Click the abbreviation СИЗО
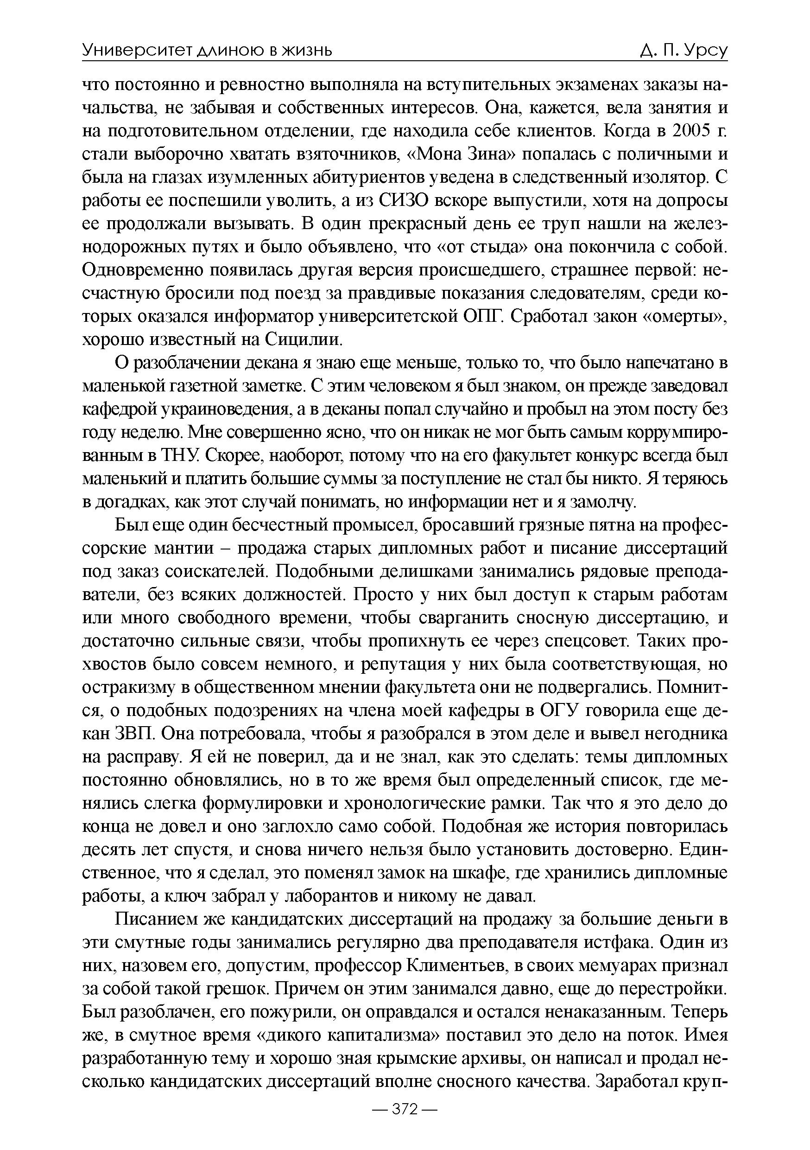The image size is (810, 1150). [403, 200]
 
